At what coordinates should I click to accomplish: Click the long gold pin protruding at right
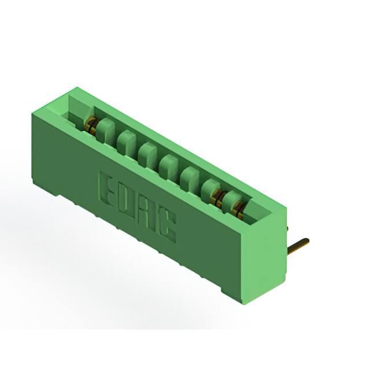(x=298, y=244)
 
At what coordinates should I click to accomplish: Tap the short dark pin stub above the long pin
(x=287, y=228)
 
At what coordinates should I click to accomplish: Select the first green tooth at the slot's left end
(x=105, y=131)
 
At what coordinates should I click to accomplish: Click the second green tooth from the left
(x=127, y=143)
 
